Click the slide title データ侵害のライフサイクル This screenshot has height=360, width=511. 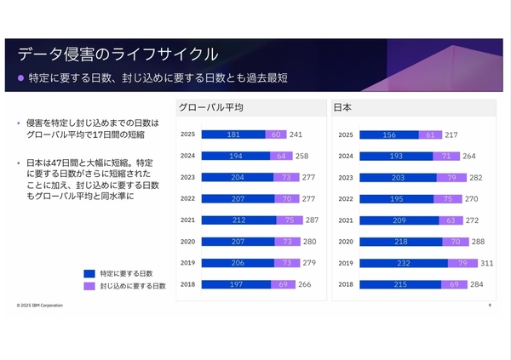[118, 54]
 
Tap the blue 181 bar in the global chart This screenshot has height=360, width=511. [233, 134]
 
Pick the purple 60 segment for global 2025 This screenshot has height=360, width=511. [276, 134]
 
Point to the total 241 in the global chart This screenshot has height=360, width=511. [296, 134]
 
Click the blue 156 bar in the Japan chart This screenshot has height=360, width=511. [389, 134]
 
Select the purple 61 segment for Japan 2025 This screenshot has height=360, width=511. [430, 134]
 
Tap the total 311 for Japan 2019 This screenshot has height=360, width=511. [487, 263]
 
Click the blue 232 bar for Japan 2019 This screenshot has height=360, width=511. [404, 263]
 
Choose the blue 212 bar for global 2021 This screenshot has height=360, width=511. [239, 220]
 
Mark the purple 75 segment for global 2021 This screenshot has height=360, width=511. [290, 220]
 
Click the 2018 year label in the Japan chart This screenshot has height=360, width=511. [346, 284]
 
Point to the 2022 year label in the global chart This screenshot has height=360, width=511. [188, 198]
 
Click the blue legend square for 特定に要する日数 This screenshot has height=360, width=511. [88, 273]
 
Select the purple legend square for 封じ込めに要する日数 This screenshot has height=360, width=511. [88, 286]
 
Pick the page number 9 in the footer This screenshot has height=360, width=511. [490, 304]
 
